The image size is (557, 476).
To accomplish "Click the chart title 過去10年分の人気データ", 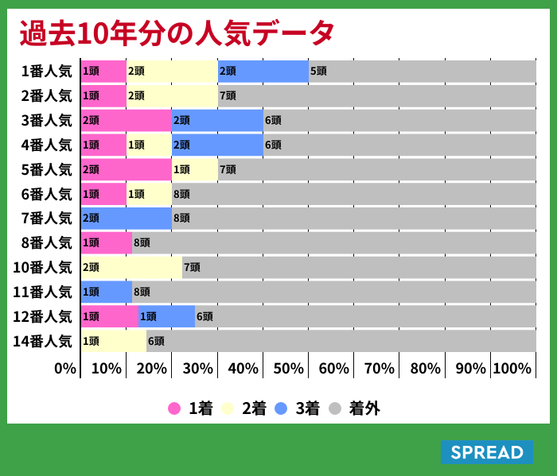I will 177,33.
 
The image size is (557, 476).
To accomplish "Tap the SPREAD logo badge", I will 486,452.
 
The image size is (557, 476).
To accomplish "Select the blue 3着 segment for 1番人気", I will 263,71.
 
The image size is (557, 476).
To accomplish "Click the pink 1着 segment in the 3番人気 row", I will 126,120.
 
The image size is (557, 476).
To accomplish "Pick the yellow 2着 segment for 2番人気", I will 171,95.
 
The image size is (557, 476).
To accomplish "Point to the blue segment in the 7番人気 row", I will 126,218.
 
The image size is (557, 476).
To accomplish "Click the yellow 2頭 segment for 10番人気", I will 131,267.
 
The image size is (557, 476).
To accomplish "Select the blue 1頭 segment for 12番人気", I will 166,316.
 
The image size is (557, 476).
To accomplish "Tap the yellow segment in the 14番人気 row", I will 113,341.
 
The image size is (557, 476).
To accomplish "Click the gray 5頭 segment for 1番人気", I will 422,71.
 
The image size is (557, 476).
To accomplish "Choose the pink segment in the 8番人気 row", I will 106,242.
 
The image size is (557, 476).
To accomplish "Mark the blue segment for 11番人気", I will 106,292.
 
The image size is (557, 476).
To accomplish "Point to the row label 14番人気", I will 43,341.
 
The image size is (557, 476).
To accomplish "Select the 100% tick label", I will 512,369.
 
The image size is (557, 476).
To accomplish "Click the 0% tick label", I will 65,369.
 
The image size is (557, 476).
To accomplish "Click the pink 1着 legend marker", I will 174,408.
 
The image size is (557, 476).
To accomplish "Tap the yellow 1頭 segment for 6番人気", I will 149,194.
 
